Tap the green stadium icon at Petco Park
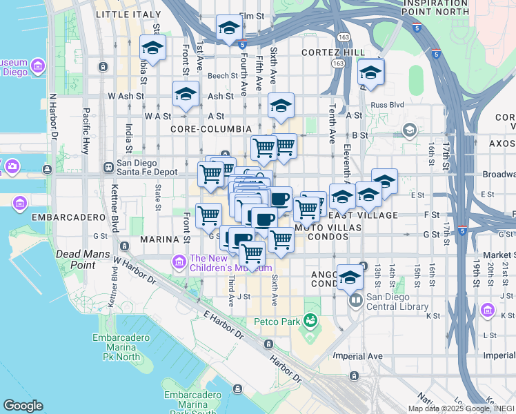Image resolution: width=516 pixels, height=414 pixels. [x=311, y=320]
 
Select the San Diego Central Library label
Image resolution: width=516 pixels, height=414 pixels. [x=397, y=302]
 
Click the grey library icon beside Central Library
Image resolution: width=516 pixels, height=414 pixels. [x=355, y=300]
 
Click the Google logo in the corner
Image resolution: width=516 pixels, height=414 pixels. [x=23, y=406]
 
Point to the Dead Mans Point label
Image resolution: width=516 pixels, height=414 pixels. [x=84, y=259]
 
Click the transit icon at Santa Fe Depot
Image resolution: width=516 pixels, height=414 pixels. [x=108, y=167]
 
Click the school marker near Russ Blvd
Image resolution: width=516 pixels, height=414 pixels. [x=371, y=72]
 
